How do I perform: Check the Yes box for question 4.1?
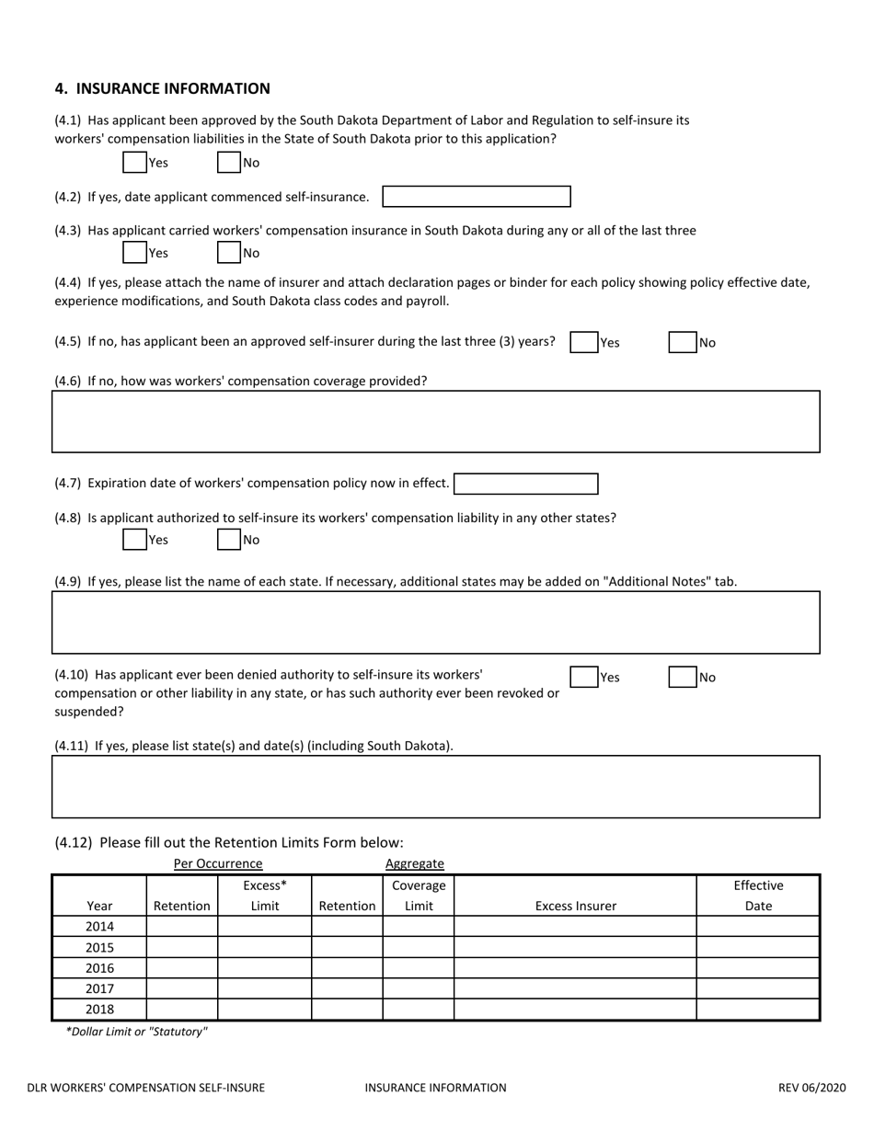(134, 163)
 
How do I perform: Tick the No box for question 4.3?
(229, 252)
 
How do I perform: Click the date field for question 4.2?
(476, 197)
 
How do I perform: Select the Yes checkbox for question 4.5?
(583, 342)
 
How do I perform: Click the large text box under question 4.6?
(435, 421)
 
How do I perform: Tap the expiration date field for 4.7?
(525, 484)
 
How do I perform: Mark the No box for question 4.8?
(229, 540)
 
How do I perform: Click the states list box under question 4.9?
(435, 622)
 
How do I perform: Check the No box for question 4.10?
(682, 678)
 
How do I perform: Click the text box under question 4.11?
(435, 786)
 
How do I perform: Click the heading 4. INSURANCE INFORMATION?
(162, 88)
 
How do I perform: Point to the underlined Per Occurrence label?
(218, 863)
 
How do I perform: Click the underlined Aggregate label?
(414, 863)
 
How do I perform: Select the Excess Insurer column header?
(576, 906)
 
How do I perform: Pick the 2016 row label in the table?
(99, 968)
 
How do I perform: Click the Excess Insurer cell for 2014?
(575, 926)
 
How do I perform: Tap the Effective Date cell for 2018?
(757, 1010)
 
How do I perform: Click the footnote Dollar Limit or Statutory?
(136, 1032)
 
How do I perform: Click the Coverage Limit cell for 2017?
(419, 988)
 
